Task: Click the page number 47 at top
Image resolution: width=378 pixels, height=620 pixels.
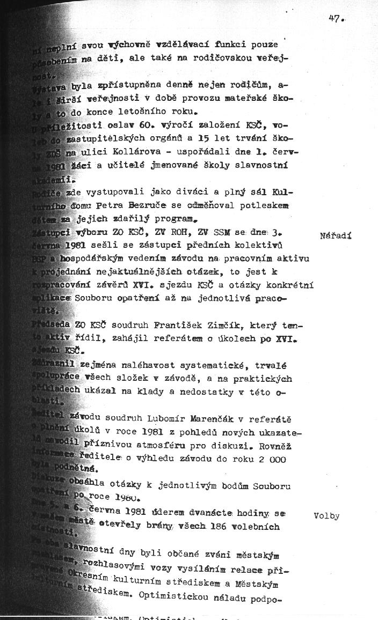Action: click(336, 18)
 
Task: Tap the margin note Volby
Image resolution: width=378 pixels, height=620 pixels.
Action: click(326, 516)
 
